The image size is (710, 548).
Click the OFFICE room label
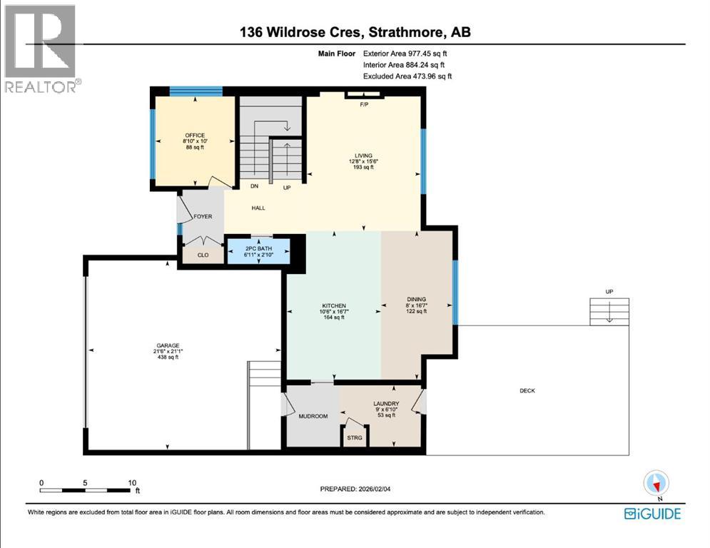point(195,136)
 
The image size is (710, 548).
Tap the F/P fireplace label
point(364,103)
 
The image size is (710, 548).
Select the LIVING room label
point(364,155)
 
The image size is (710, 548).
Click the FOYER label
point(203,216)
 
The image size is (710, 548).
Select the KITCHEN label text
point(333,305)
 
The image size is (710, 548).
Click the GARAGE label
point(168,345)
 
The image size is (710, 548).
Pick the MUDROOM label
point(312,416)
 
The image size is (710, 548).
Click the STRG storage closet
point(355,437)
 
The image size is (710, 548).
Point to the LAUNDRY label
point(386,403)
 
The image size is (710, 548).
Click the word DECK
point(527,390)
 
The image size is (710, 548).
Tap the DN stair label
point(253,186)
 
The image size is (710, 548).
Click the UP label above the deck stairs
point(609,291)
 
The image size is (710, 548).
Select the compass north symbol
point(655,484)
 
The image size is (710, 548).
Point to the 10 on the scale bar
point(132,482)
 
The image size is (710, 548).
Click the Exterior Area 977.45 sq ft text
point(405,53)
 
